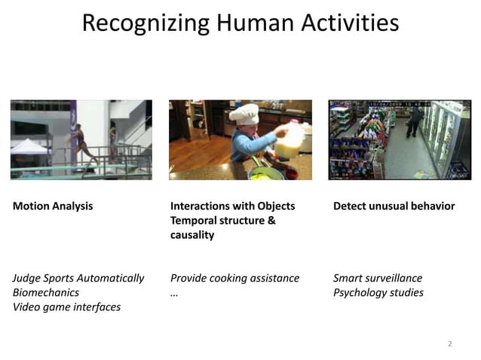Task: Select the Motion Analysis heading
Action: (53, 206)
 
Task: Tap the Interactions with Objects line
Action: (233, 206)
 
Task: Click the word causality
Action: (192, 235)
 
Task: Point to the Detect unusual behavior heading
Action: (394, 206)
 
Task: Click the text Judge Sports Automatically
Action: (78, 278)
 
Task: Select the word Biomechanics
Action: (46, 292)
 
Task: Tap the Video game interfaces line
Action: (66, 307)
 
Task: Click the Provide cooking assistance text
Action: (235, 278)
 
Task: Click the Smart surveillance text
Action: (378, 278)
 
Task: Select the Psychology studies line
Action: (378, 292)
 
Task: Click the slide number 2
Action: (450, 343)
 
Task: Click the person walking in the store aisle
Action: (413, 121)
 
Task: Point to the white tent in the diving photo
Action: (29, 146)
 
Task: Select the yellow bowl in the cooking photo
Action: (262, 174)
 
